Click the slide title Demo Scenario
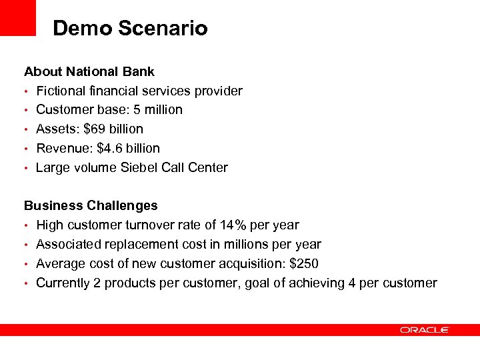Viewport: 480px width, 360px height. [x=130, y=29]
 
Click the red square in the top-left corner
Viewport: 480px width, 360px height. [x=18, y=17]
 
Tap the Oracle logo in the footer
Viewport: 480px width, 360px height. [x=425, y=330]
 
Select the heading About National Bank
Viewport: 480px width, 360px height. [x=89, y=71]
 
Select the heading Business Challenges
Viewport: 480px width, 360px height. [x=91, y=205]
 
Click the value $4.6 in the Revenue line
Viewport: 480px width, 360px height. [x=110, y=148]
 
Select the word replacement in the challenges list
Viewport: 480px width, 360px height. [x=130, y=245]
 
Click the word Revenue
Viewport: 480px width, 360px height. [x=64, y=148]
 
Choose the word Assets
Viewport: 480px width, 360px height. [x=56, y=129]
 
